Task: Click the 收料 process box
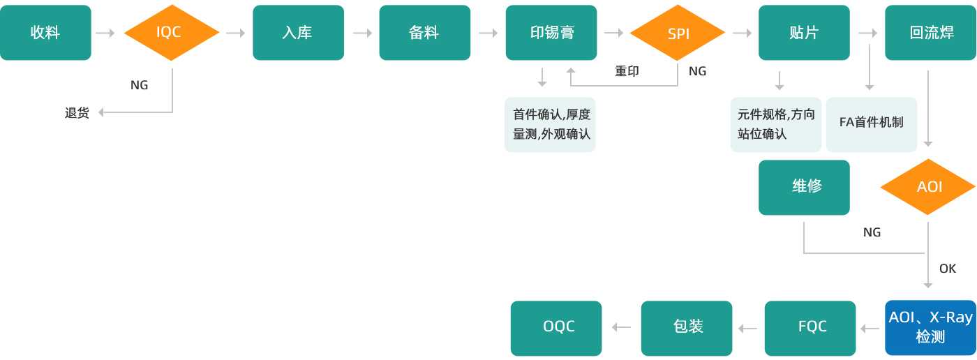[45, 33]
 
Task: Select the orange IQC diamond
[171, 33]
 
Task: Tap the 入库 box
[298, 33]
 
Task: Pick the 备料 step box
[424, 33]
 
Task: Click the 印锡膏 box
[551, 33]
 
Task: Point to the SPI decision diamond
[678, 33]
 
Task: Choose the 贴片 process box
[804, 33]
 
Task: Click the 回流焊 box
[930, 33]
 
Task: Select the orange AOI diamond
[928, 187]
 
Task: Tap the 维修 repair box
[804, 187]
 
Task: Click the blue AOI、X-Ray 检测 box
[930, 327]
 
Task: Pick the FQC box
[810, 327]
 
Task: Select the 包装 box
[687, 327]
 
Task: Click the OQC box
[556, 327]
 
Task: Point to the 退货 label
[77, 113]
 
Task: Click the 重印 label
[626, 71]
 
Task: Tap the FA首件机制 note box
[871, 123]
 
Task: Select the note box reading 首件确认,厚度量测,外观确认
[551, 124]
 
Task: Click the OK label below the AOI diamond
[947, 269]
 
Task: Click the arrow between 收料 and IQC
[105, 33]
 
